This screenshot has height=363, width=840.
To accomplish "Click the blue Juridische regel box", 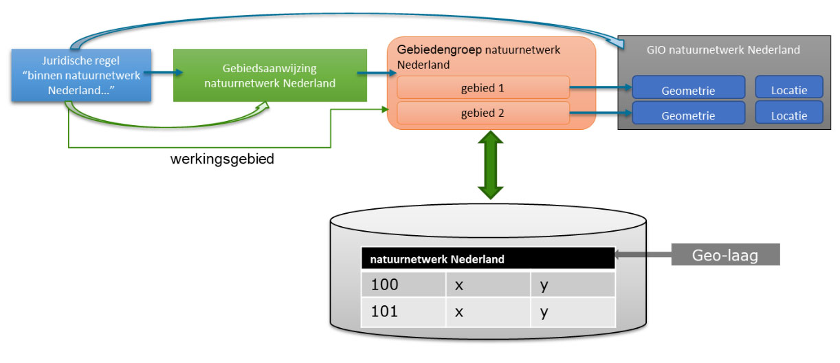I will click(81, 75).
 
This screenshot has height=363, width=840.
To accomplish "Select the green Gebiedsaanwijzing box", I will click(269, 76).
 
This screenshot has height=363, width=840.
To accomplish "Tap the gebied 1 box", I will click(483, 87).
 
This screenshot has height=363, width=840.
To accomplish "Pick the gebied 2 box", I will click(483, 113).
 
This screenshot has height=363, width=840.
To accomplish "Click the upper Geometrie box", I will click(688, 90).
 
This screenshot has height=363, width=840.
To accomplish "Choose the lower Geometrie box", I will click(688, 115).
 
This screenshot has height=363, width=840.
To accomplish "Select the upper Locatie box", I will click(788, 90).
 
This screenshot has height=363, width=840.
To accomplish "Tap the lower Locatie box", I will click(788, 115).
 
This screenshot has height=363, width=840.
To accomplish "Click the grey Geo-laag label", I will click(725, 255).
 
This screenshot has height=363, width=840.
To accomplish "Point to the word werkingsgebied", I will click(222, 159).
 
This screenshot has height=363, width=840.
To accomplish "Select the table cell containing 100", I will click(403, 285).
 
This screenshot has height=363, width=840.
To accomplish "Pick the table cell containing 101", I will click(403, 311).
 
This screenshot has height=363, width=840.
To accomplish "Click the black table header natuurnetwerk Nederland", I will click(487, 258).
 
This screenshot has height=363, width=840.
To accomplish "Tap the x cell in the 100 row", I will click(487, 285).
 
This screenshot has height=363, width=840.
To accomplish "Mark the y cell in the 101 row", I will click(572, 311).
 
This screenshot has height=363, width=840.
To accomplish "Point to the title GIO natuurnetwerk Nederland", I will click(722, 50).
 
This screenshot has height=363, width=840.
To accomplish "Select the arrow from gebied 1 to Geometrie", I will click(599, 88).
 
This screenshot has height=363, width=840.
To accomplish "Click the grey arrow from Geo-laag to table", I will click(643, 256).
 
